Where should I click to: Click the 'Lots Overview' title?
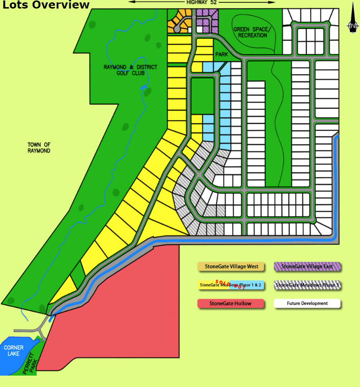point(46,5)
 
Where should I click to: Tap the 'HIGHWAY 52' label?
point(201,2)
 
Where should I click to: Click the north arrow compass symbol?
point(353,19)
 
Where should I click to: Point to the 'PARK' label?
point(222,55)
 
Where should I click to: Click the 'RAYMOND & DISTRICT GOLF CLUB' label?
point(130,70)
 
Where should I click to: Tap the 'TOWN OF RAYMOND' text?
point(39,148)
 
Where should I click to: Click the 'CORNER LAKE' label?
point(14,351)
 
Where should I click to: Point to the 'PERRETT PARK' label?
point(29,363)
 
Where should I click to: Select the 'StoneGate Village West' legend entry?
point(231,266)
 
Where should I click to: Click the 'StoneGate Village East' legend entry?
point(307,266)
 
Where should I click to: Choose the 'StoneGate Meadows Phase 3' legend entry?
point(307,285)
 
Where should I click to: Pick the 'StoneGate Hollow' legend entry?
point(231,303)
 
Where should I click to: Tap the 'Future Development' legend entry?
point(307,303)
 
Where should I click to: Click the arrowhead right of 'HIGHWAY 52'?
point(272,2)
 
